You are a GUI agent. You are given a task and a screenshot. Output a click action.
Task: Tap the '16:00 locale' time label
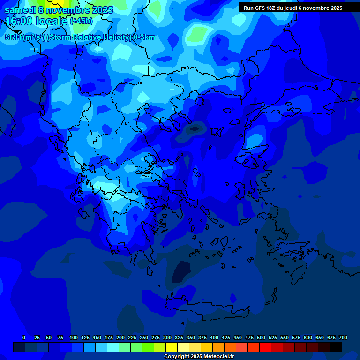(x=37, y=21)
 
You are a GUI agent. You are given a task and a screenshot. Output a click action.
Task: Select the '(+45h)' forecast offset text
(x=81, y=21)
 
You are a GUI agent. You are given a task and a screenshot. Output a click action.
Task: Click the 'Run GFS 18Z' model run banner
(x=292, y=8)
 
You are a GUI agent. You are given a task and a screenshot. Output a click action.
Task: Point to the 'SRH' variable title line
(x=80, y=37)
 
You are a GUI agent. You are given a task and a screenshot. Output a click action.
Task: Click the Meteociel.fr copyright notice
(x=199, y=356)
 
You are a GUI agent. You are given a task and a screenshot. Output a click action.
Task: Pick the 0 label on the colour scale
(x=24, y=337)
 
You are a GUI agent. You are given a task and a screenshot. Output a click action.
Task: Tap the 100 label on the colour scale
(x=74, y=337)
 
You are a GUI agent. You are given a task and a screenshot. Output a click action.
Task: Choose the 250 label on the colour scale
(x=144, y=337)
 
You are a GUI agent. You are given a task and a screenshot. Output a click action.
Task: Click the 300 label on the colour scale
(x=167, y=337)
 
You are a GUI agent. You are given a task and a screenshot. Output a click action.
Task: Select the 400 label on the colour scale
(x=214, y=337)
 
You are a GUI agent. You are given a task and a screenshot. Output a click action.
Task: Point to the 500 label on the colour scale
(x=261, y=337)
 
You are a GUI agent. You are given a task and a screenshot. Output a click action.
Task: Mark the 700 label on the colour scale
(x=343, y=337)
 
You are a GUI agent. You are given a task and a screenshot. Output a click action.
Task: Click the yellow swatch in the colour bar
(x=172, y=347)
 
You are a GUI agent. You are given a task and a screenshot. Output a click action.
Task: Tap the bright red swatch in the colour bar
(x=265, y=347)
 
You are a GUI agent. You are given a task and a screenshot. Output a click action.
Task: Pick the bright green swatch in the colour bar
(x=148, y=347)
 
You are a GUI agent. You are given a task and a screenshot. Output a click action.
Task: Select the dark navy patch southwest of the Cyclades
(x=181, y=272)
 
